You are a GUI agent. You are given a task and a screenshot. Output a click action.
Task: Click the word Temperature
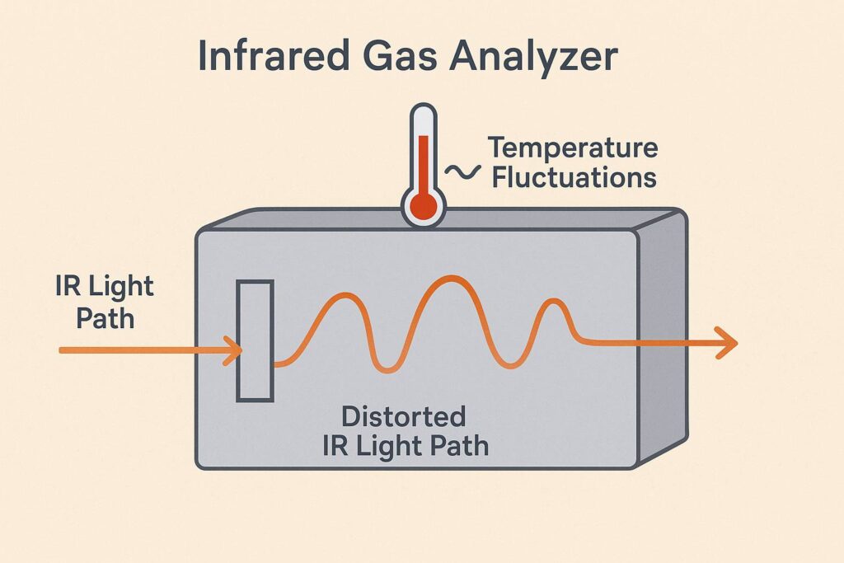point(573,149)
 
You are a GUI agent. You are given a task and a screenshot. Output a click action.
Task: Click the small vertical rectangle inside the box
point(255,340)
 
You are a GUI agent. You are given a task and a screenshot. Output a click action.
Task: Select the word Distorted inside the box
point(404,416)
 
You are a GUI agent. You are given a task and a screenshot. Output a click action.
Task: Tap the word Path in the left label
point(105,317)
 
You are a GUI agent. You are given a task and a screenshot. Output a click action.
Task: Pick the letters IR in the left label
point(67,287)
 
